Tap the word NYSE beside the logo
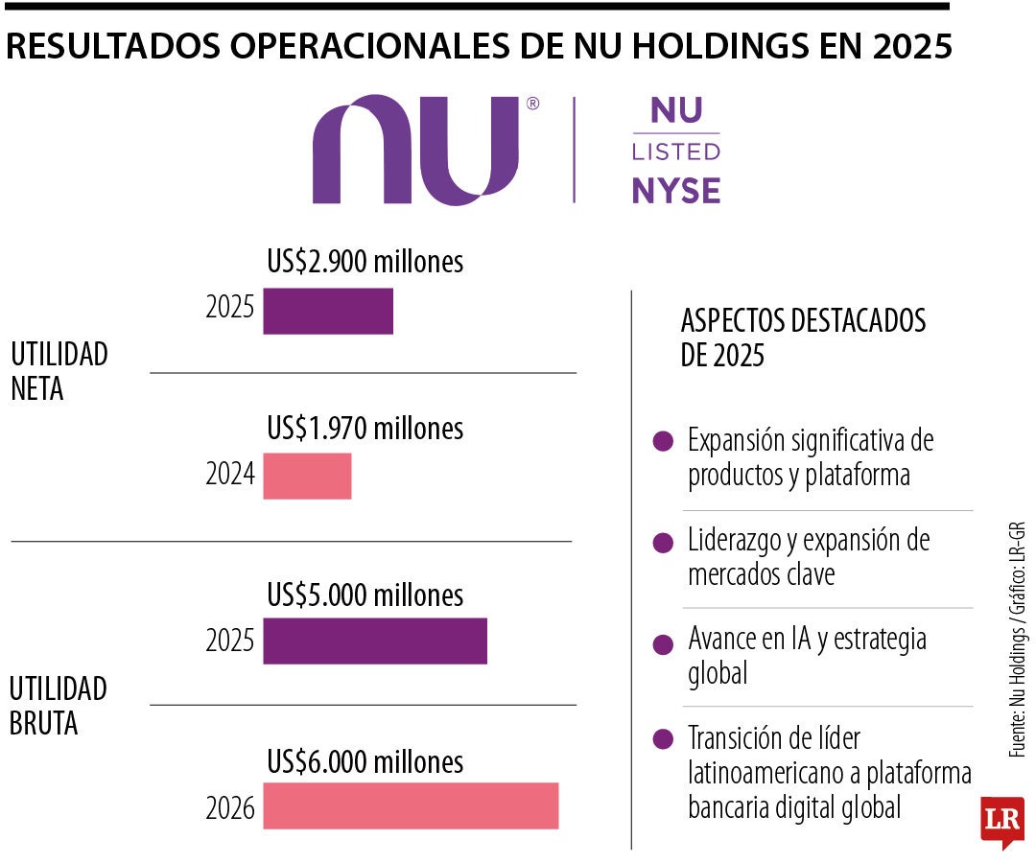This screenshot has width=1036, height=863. point(675,191)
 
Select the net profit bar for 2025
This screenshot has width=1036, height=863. point(328,312)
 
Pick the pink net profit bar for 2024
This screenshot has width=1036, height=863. point(307,477)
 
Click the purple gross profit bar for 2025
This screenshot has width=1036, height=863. point(375,641)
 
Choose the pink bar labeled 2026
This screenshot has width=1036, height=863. point(411,805)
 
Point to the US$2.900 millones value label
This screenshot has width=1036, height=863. point(365,262)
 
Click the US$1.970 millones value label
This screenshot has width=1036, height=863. point(365,428)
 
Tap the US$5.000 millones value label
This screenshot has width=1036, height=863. point(365,595)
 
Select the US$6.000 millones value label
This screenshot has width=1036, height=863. point(365,761)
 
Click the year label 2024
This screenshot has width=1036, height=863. point(230,474)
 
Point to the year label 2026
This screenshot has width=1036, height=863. point(230,809)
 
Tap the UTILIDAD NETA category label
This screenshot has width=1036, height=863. point(59,371)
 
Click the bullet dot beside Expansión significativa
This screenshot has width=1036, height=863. point(662,442)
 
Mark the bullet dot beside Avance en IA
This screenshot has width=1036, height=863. point(662,644)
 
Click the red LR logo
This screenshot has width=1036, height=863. point(1001,821)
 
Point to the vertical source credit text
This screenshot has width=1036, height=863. point(1018,641)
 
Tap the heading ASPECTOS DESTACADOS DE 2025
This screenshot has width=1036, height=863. point(803,338)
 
